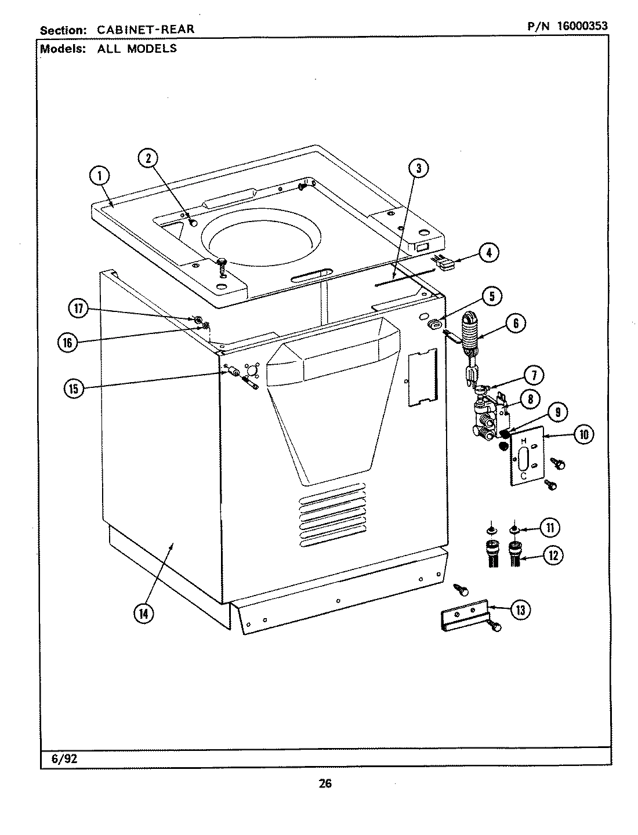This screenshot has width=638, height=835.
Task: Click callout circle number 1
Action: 100,175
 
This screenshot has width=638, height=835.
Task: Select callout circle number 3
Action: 418,168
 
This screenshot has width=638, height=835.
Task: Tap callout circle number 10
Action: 582,435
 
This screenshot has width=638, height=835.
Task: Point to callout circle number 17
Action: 79,309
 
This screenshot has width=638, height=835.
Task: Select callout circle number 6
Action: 515,324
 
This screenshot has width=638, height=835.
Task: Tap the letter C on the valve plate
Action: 523,475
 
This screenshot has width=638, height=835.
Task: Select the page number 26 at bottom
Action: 325,784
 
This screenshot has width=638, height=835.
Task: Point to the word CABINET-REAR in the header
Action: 145,29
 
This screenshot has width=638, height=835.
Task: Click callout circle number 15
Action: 74,389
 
